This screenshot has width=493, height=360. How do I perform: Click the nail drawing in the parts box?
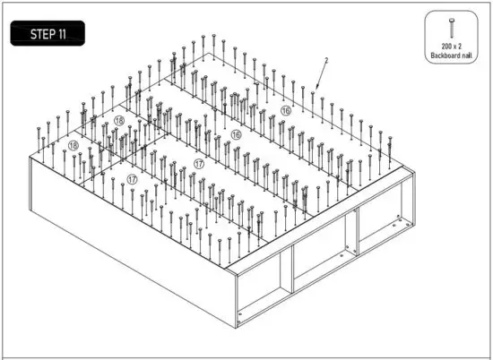pyautogui.click(x=454, y=27)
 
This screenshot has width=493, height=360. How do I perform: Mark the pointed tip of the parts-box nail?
pyautogui.click(x=454, y=38)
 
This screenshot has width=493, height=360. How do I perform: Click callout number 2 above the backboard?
pyautogui.click(x=326, y=60)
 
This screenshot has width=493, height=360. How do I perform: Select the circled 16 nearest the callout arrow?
pyautogui.click(x=285, y=111)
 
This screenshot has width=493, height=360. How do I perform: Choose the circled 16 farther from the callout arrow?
pyautogui.click(x=236, y=134)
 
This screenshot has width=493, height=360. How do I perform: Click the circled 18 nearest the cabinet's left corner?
pyautogui.click(x=73, y=144)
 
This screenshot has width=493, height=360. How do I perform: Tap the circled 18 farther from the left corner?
pyautogui.click(x=119, y=121)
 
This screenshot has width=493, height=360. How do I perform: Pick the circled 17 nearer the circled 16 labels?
pyautogui.click(x=198, y=164)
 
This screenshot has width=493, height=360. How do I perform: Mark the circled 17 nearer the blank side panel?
pyautogui.click(x=132, y=179)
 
